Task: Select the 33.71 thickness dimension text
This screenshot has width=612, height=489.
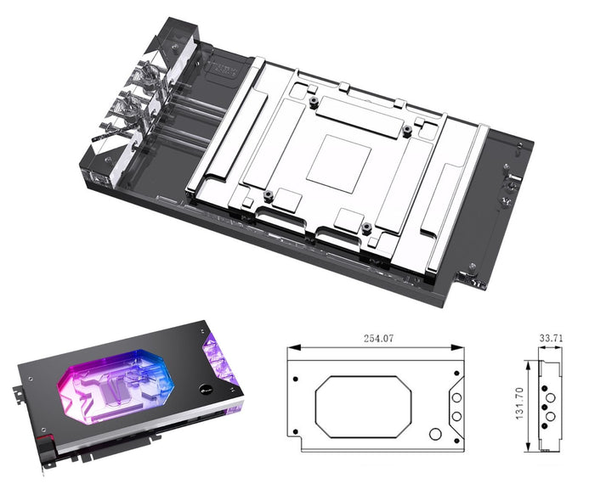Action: tap(551, 338)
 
